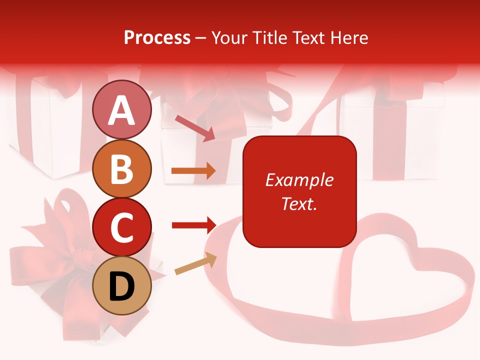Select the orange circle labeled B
[121, 168]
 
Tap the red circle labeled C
[121, 227]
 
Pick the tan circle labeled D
[121, 286]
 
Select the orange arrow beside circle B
[193, 171]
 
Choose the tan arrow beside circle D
[195, 264]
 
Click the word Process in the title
[157, 37]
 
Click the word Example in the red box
[299, 180]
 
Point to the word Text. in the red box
[299, 203]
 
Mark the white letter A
[121, 110]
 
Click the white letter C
[121, 228]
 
